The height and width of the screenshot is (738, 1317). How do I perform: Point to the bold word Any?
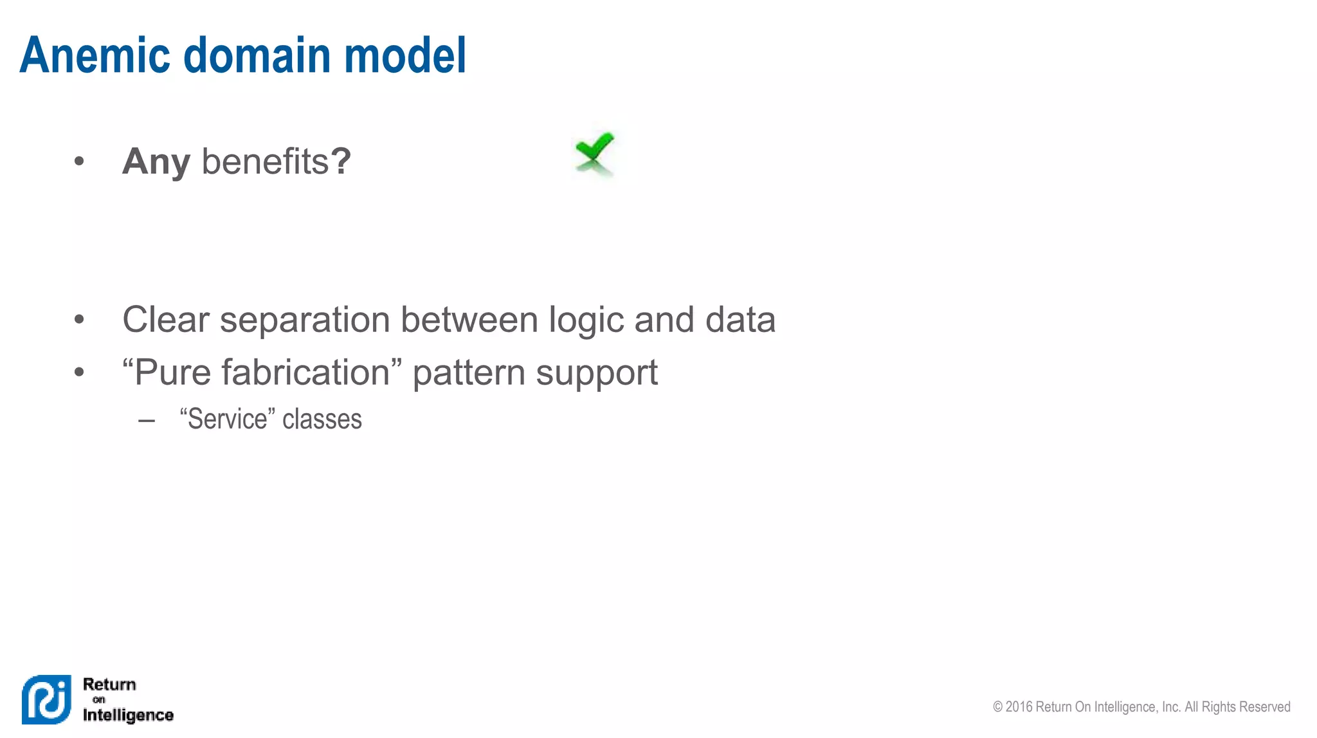click(156, 161)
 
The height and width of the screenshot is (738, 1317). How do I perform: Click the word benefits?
click(265, 161)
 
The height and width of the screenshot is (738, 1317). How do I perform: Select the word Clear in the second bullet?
click(166, 319)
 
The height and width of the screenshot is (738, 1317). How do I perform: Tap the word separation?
click(305, 320)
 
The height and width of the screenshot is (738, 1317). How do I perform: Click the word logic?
click(586, 320)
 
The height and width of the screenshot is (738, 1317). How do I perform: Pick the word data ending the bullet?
click(740, 319)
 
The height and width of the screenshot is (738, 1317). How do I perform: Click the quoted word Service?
click(227, 419)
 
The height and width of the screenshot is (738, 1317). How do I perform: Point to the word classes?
click(322, 419)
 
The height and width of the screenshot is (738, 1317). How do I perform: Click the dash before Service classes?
click(147, 421)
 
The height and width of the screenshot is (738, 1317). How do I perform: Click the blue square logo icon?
click(46, 699)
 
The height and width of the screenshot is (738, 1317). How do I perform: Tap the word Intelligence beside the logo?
click(128, 715)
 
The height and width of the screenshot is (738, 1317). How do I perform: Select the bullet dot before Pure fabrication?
click(79, 372)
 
